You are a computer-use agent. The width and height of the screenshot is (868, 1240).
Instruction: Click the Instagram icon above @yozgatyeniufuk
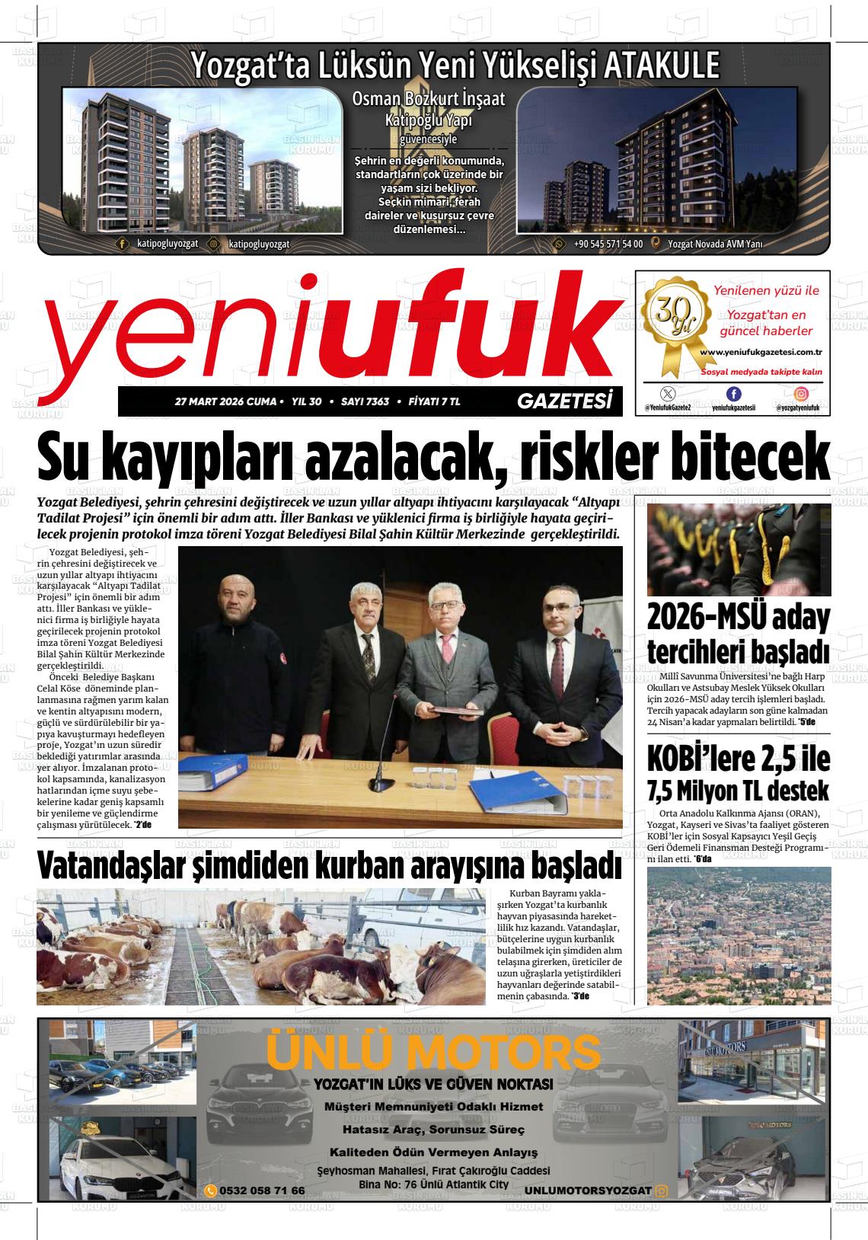[802, 394]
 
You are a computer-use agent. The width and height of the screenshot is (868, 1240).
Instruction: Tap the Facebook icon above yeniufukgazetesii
[733, 394]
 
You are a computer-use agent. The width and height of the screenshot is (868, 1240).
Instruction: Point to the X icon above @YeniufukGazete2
[668, 394]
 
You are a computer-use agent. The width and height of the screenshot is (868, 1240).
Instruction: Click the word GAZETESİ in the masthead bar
[564, 401]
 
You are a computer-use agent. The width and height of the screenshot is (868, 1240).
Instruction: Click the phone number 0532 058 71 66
[262, 1190]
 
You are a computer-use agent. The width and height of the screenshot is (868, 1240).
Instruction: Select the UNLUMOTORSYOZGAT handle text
[588, 1190]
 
